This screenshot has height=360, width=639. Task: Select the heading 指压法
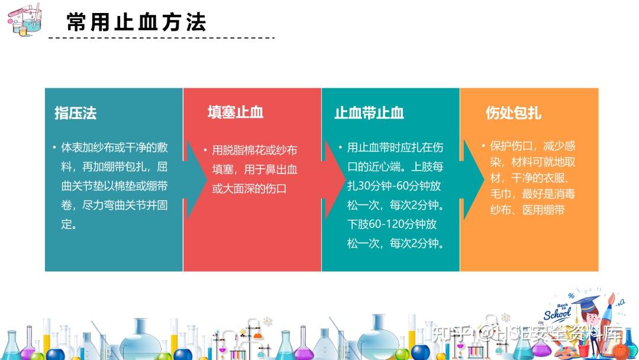[75, 113]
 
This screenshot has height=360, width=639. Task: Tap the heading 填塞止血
[235, 112]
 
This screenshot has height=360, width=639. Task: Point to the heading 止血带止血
[369, 112]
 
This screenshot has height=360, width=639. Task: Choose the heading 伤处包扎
[514, 112]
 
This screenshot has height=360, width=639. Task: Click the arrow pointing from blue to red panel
[196, 179]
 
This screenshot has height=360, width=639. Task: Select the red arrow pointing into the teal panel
[334, 179]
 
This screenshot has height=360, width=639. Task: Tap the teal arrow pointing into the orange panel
[472, 179]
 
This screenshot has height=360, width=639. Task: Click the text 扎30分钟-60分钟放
[394, 186]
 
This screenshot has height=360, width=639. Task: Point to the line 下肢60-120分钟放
[392, 224]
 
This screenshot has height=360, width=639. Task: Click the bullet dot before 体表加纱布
[54, 147]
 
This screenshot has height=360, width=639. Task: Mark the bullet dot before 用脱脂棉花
[205, 150]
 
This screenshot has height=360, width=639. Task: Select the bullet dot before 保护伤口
[483, 146]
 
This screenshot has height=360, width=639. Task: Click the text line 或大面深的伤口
[250, 189]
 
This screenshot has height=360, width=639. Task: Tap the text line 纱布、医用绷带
[527, 210]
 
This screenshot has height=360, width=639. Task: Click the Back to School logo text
[557, 312]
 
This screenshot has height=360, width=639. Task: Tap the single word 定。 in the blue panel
[69, 224]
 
